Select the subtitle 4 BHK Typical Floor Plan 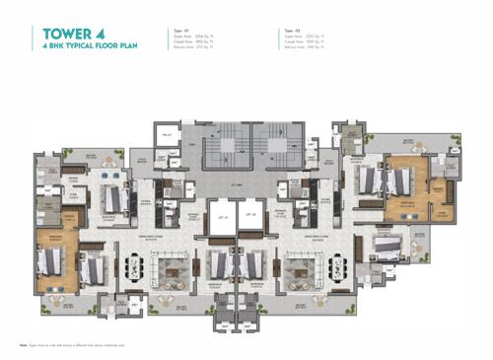pos(88,46)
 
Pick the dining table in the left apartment pos(131,264)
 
